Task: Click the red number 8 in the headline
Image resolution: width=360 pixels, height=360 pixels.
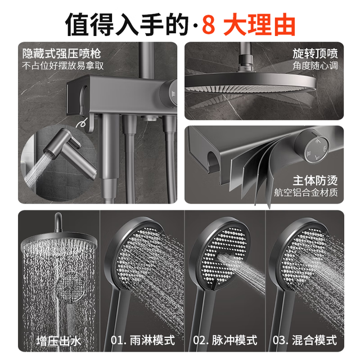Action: click(209, 25)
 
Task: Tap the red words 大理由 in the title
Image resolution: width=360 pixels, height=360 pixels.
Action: click(259, 25)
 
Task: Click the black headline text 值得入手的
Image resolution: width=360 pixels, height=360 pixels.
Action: click(127, 25)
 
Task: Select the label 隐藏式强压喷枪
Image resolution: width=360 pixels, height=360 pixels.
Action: click(61, 54)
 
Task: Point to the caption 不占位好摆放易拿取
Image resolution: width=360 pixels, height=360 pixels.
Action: click(63, 66)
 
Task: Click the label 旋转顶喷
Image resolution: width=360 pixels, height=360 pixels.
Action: click(315, 53)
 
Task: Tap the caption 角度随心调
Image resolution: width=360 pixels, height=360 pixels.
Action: click(315, 66)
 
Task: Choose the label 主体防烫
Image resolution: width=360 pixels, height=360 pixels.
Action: click(315, 181)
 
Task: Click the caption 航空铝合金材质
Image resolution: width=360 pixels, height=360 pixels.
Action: click(306, 192)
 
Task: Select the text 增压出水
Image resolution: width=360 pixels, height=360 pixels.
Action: click(58, 341)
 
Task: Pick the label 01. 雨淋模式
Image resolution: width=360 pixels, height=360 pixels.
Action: click(142, 340)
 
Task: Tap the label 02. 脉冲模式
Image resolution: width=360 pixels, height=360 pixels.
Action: click(225, 340)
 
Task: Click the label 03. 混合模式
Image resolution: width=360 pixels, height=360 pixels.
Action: click(305, 340)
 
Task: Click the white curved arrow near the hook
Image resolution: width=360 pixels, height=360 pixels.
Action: click(82, 123)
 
